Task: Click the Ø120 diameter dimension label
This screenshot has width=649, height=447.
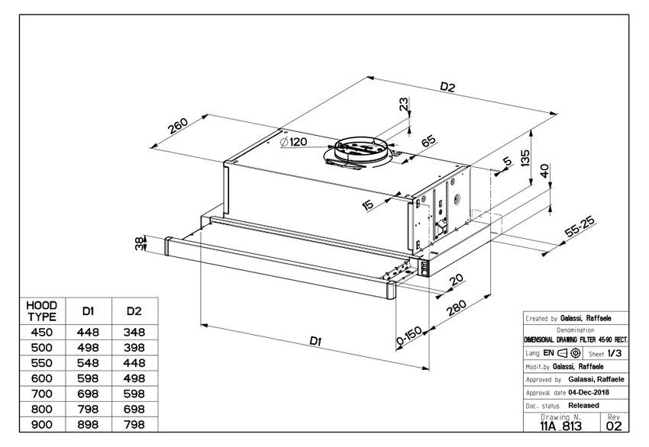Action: pos(293,142)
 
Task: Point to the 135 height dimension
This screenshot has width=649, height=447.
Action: pos(525,158)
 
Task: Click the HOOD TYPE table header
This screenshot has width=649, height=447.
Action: pos(42,310)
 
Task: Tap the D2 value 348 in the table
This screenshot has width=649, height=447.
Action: pos(134,332)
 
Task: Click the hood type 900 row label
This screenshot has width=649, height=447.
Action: pos(42,425)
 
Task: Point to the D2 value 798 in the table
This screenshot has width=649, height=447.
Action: pos(134,425)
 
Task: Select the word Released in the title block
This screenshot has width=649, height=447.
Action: pos(584,405)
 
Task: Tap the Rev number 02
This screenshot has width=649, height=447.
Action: pos(614,426)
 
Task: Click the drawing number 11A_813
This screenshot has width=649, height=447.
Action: pos(561,426)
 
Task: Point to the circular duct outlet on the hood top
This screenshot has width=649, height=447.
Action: pos(358,147)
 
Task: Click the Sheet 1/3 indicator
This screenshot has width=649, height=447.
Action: pos(606,354)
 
